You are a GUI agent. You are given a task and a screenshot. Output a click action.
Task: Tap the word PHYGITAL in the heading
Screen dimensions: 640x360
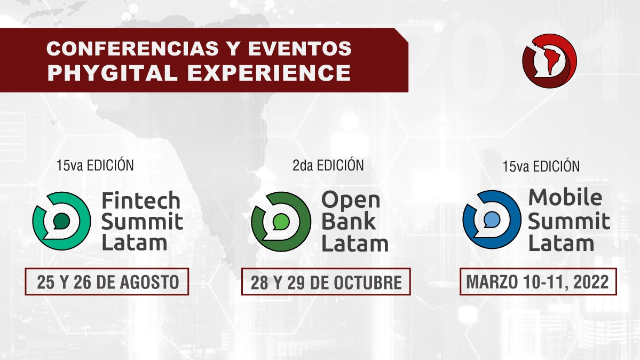coord(112,73)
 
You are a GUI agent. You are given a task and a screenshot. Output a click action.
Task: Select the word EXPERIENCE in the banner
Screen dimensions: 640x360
coord(269,73)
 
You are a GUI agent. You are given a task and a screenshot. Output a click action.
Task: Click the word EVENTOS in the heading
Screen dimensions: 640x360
coord(299,48)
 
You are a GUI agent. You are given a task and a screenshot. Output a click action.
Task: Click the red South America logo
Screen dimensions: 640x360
coord(549,61)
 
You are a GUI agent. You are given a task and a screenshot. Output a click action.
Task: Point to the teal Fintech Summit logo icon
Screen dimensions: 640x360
coord(61,221)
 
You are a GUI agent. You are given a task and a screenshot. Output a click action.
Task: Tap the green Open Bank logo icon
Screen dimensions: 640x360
coord(280,222)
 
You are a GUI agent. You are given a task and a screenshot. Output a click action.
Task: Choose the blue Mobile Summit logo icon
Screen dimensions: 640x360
coord(492,220)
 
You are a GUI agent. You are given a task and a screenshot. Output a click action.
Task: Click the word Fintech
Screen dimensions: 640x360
coord(140,200)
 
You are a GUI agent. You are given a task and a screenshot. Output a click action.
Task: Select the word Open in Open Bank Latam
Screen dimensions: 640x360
coord(351,201)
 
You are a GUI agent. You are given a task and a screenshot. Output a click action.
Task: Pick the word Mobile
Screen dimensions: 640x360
coord(565,198)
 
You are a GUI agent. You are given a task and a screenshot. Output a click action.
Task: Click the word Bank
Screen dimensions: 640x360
coord(348,222)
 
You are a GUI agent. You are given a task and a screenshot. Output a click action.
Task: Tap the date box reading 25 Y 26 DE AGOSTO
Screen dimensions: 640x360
coord(107,281)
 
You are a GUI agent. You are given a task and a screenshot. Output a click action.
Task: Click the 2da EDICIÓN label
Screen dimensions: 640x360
coord(328,165)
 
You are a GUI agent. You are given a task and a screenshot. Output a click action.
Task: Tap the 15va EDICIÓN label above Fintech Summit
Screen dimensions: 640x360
coord(95,165)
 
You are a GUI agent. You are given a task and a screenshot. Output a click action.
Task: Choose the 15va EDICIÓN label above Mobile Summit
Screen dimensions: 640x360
coord(541,166)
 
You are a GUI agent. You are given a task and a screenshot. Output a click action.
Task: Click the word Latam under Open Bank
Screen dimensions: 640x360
coord(354,244)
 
